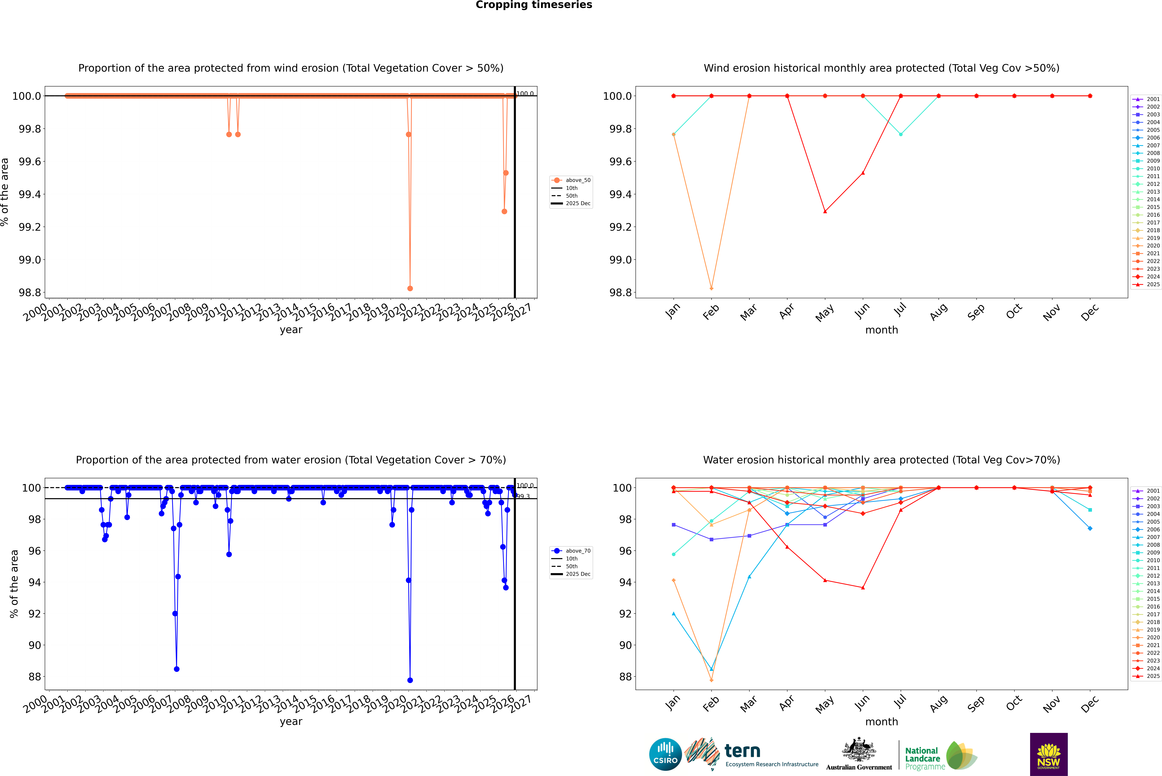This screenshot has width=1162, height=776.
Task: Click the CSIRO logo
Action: (665, 754)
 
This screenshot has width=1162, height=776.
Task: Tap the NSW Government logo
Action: (1049, 754)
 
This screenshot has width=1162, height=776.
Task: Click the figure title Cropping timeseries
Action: (533, 5)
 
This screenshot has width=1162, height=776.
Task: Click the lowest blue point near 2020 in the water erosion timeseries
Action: (410, 680)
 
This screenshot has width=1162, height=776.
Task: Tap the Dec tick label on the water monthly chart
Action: (1090, 704)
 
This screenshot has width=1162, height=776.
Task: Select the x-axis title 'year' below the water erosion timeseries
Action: (291, 722)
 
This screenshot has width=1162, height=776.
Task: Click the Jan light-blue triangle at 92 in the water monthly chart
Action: (674, 614)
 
